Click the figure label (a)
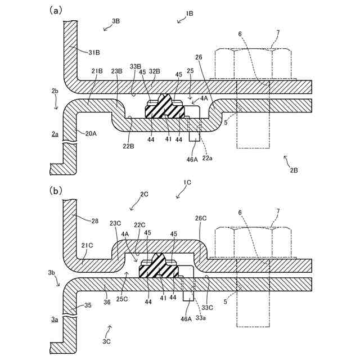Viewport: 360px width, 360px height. pyautogui.click(x=55, y=10)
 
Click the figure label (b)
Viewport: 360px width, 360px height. pyautogui.click(x=55, y=191)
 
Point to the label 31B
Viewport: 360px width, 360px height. pyautogui.click(x=94, y=52)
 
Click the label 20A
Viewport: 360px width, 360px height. pyautogui.click(x=90, y=133)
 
